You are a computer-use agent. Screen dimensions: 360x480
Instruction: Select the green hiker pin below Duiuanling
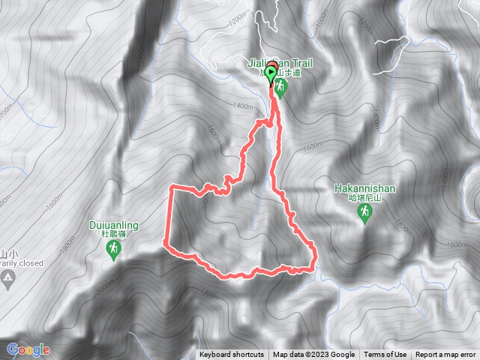pos(113,250)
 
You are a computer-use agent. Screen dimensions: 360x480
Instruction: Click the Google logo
pos(28,349)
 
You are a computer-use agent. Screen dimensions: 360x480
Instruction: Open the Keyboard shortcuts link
pos(231,355)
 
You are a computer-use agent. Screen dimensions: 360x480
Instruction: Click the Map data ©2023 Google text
pos(313,355)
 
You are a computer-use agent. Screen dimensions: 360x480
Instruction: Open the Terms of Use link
pos(385,355)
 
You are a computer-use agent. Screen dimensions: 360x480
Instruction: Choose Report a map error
pos(445,355)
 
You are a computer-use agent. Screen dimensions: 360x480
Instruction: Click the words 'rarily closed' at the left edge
pos(21,262)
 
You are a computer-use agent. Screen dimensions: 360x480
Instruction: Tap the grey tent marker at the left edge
pos(7,278)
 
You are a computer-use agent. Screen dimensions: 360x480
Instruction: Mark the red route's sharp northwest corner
pos(172,185)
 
